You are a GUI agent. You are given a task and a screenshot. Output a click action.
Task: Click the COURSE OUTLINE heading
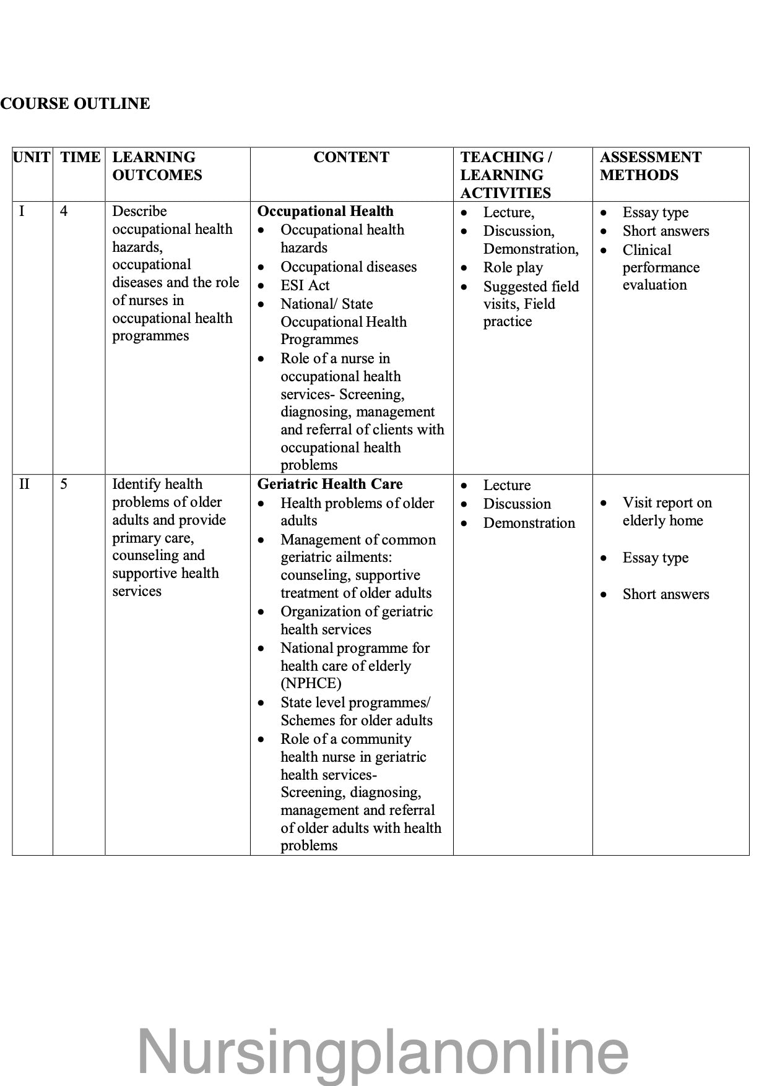(x=75, y=103)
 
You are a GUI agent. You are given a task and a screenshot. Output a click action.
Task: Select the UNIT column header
(x=32, y=157)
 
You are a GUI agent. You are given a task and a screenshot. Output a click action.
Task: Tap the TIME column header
(x=80, y=157)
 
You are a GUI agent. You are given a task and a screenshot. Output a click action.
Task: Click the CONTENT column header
(x=351, y=157)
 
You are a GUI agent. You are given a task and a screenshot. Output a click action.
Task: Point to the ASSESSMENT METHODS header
(x=650, y=166)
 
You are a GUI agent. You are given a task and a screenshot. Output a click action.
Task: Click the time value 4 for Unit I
(x=64, y=212)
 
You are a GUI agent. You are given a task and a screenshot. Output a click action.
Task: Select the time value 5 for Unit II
(x=64, y=484)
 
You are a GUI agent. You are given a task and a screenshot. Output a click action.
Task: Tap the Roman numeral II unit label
(x=24, y=484)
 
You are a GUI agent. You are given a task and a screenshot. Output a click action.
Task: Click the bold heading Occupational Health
(x=325, y=211)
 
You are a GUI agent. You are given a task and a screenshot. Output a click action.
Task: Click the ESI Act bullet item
(x=305, y=285)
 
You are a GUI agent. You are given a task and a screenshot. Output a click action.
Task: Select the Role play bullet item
(x=513, y=267)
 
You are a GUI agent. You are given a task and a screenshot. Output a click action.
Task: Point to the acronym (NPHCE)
(x=311, y=684)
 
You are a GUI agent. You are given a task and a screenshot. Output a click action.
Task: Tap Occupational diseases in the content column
(x=349, y=267)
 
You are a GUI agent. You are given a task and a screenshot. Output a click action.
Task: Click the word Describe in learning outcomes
(x=139, y=211)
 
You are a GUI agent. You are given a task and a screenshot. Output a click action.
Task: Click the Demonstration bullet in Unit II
(x=529, y=523)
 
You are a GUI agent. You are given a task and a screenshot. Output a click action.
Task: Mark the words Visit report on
(x=667, y=502)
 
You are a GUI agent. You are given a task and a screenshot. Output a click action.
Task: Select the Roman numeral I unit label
(x=22, y=212)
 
